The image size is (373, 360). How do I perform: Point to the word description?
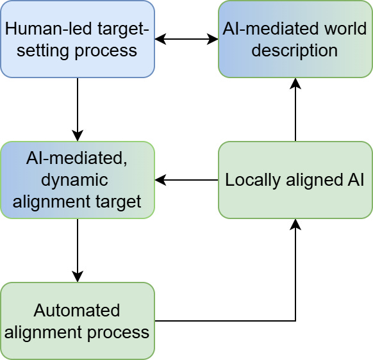point(295,51)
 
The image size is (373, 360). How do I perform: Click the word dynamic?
point(74,180)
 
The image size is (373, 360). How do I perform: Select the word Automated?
point(77,310)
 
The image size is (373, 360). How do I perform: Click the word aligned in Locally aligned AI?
point(315,180)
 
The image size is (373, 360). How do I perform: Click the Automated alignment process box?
point(78,321)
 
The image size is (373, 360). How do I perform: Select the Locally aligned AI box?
point(295,180)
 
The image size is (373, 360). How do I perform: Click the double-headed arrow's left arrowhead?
point(160,39)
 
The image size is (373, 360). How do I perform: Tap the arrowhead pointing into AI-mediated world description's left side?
point(213,39)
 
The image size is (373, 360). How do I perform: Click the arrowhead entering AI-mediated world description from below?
point(295,83)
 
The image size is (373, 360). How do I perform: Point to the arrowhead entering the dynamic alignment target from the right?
point(160,180)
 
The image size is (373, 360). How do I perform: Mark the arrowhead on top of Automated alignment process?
point(78,277)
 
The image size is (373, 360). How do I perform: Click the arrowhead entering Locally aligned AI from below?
point(295,224)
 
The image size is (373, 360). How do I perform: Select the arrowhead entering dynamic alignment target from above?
point(78,136)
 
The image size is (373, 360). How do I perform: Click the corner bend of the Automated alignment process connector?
point(295,321)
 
